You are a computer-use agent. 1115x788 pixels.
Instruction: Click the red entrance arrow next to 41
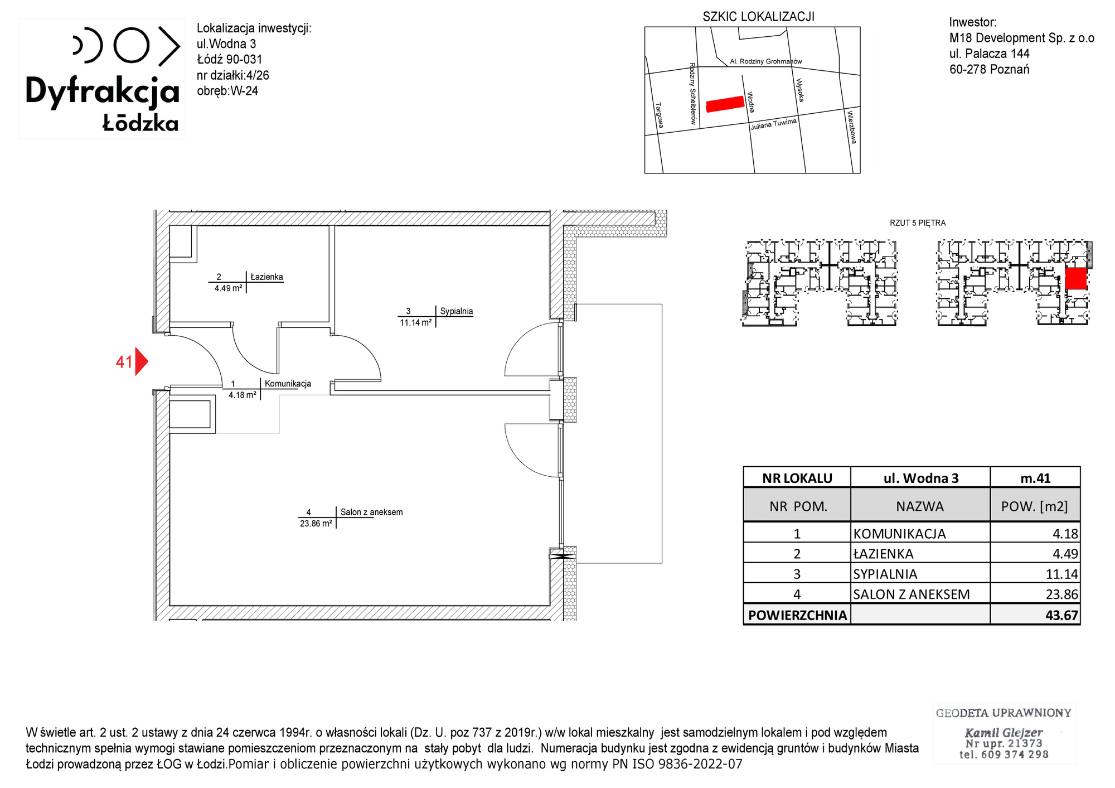(x=141, y=362)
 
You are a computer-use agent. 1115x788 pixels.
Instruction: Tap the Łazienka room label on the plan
(x=266, y=277)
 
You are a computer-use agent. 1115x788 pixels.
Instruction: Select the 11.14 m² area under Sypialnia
(x=415, y=322)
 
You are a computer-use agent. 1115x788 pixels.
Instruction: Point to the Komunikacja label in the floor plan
(x=288, y=384)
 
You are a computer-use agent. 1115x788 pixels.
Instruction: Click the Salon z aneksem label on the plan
(x=371, y=512)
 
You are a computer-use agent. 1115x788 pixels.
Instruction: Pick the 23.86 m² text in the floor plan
(x=316, y=524)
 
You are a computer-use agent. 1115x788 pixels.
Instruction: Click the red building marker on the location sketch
(x=725, y=104)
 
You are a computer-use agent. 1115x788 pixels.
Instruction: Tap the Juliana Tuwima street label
(x=773, y=124)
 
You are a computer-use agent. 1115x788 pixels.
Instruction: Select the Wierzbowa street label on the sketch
(x=851, y=127)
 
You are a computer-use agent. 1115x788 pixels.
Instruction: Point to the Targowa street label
(x=660, y=115)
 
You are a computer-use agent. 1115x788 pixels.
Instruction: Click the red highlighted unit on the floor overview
(x=1076, y=278)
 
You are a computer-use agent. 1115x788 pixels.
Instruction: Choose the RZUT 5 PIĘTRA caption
(x=918, y=223)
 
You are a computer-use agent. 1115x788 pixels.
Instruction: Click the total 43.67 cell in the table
(x=1061, y=615)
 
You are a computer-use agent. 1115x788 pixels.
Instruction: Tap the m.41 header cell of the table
(x=1035, y=478)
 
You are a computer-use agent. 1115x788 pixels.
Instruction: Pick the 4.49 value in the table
(x=1065, y=554)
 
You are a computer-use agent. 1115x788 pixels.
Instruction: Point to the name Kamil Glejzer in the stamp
(x=1003, y=733)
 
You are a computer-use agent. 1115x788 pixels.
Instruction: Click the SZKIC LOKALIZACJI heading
(x=758, y=17)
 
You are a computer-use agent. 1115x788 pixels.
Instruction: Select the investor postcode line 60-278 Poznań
(x=990, y=69)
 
